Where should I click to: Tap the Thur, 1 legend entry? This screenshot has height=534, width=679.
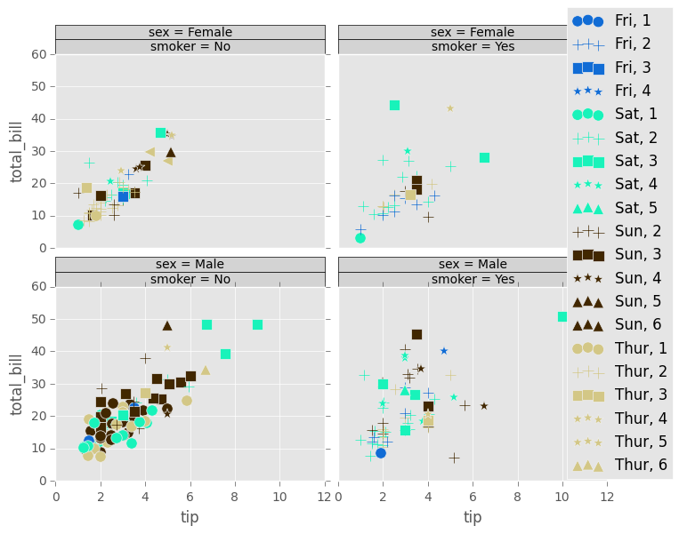(618, 348)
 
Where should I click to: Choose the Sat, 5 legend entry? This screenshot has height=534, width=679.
(618, 208)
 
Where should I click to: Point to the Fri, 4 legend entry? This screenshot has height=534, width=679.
(618, 91)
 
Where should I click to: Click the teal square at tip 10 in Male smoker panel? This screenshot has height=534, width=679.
(562, 316)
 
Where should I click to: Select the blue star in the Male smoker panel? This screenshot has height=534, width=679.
(444, 351)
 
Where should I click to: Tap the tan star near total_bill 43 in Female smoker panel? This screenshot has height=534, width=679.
(450, 108)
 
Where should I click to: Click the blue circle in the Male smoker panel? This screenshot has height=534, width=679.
(381, 453)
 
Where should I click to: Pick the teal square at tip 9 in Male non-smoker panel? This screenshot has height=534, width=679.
(257, 325)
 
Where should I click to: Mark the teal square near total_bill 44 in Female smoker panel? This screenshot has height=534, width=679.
(394, 105)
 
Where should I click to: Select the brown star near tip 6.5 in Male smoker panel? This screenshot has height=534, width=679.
(484, 406)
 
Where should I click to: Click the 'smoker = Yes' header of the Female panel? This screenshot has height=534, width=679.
(473, 47)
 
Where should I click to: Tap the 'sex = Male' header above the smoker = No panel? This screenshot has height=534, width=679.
(190, 264)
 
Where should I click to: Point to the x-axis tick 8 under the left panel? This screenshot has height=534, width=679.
(235, 497)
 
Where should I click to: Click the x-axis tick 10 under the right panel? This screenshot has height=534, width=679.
(562, 497)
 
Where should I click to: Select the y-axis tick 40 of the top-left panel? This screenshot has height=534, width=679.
(38, 119)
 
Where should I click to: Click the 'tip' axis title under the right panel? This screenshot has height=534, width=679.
(473, 518)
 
